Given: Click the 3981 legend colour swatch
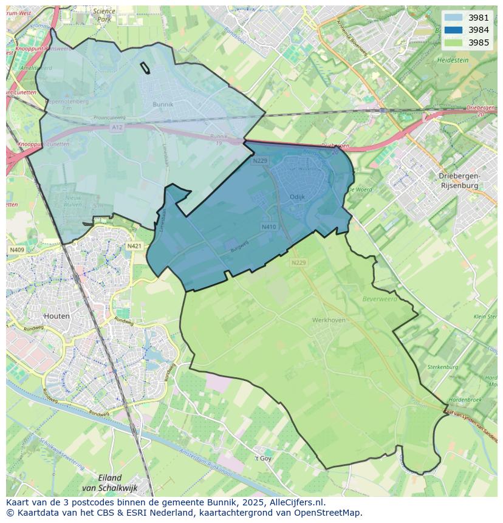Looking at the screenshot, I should (x=453, y=18).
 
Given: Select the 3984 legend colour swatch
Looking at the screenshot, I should (x=453, y=30).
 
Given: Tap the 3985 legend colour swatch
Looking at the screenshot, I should (x=453, y=43).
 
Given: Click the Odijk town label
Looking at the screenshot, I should (x=297, y=197).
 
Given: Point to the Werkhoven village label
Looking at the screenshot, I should (x=329, y=320).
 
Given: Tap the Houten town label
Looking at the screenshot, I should (x=57, y=316).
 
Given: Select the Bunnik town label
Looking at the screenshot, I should (x=163, y=104).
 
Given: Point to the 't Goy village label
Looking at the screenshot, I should (x=262, y=458).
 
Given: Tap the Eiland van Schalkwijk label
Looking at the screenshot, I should (x=109, y=482).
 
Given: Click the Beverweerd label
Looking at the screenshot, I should (x=380, y=299).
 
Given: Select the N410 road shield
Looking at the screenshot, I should (x=269, y=227).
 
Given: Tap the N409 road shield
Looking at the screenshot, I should (x=16, y=249).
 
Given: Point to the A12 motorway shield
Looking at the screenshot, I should (x=117, y=128).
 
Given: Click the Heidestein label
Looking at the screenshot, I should (x=453, y=61).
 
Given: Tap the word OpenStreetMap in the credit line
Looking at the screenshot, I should (x=327, y=512).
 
